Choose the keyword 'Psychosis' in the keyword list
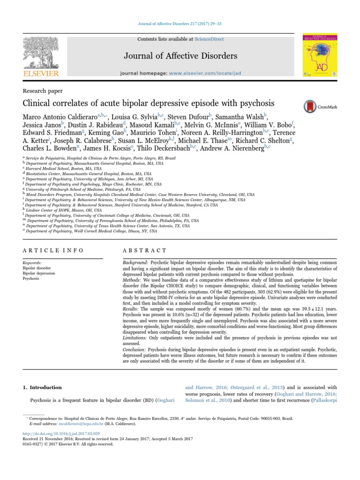pos(32,278)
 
